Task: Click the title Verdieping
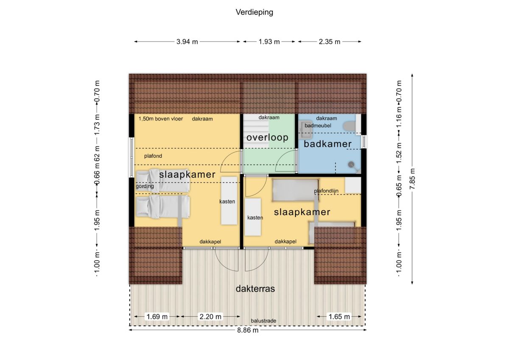(254, 12)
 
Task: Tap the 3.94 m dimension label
(187, 42)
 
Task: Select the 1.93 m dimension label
(269, 42)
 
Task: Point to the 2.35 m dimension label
(330, 42)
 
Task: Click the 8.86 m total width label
(248, 330)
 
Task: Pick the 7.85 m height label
(412, 179)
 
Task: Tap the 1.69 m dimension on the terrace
(157, 317)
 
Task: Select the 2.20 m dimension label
(210, 317)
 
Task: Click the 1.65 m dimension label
(339, 317)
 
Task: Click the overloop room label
(268, 137)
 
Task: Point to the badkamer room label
(327, 144)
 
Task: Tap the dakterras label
(255, 289)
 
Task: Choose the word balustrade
(263, 321)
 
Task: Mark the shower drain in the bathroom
(351, 164)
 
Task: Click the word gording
(145, 186)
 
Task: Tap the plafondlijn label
(326, 191)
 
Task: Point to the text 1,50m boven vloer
(161, 119)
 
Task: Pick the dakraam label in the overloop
(269, 117)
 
